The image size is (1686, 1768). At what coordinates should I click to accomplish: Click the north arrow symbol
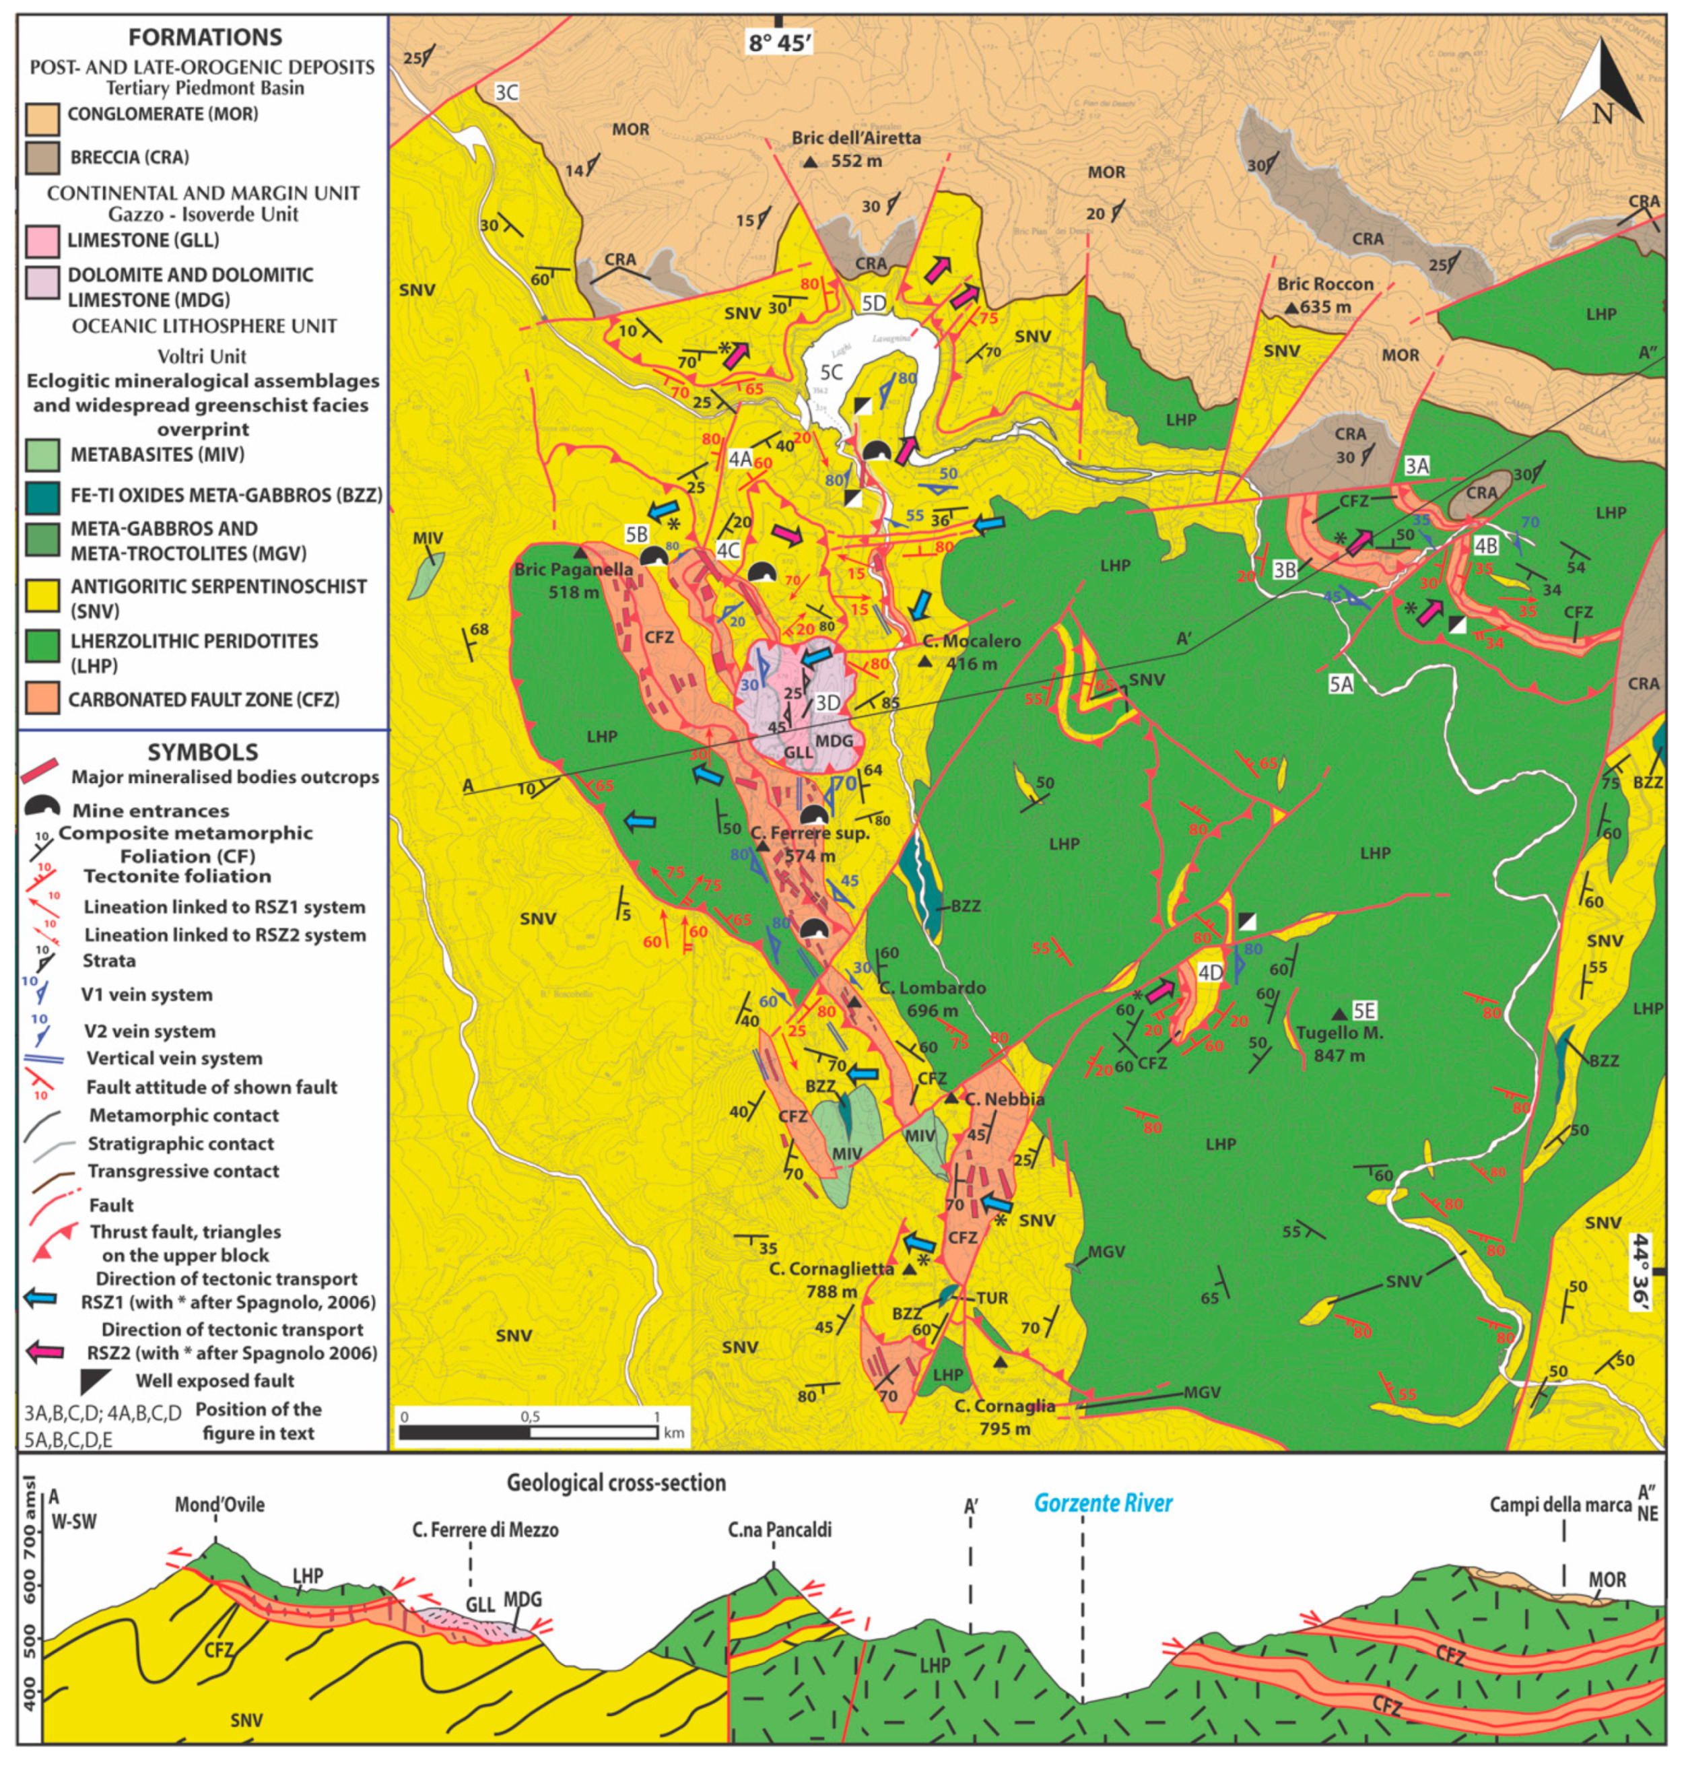tap(1600, 86)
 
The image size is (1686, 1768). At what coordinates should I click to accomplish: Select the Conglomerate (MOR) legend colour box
tap(42, 117)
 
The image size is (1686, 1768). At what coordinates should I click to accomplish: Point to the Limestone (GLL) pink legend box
tap(42, 241)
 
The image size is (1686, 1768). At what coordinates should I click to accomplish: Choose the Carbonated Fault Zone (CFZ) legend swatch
tap(42, 700)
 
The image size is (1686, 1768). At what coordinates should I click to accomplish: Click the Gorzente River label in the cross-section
tap(1103, 1503)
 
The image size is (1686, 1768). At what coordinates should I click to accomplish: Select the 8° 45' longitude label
tap(778, 42)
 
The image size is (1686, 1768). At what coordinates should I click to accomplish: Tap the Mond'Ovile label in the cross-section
tap(220, 1505)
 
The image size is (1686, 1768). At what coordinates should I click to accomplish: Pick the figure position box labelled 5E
tap(1363, 1011)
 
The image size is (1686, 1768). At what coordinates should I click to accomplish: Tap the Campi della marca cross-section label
tap(1560, 1505)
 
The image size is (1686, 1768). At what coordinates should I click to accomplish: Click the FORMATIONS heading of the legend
tap(205, 37)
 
